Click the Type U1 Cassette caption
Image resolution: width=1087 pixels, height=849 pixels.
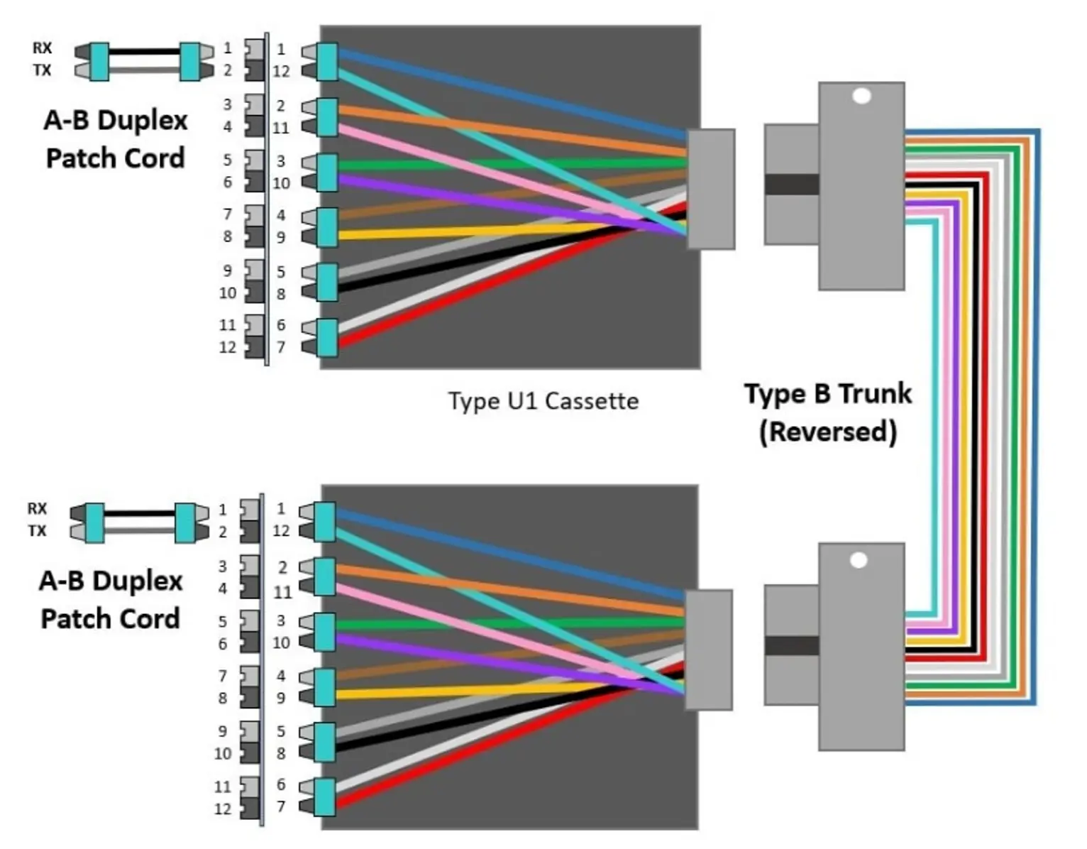(543, 401)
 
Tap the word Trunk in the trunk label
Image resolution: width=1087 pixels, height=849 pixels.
(873, 393)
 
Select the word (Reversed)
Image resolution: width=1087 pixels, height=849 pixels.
(827, 432)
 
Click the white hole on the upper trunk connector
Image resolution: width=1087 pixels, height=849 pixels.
(861, 96)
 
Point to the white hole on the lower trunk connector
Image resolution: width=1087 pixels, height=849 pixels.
(859, 561)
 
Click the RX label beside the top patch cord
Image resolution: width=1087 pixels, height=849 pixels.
(42, 48)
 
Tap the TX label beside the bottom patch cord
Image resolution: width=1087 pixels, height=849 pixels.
(37, 531)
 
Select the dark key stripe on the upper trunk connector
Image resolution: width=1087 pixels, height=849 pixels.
(792, 185)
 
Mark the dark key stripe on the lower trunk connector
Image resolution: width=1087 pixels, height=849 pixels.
(792, 646)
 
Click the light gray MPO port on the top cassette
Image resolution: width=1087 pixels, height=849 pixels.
(711, 189)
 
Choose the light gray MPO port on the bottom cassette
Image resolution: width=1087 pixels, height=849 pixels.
(708, 650)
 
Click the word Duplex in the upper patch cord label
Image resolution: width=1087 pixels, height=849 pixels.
(142, 121)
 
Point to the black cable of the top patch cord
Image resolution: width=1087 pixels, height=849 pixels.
(144, 52)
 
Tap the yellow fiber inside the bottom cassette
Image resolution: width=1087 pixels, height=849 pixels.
(482, 690)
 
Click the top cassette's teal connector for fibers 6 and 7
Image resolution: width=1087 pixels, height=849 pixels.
(327, 338)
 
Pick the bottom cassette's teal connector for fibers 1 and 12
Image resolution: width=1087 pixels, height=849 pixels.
(324, 522)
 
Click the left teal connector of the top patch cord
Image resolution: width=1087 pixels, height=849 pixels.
(99, 61)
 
